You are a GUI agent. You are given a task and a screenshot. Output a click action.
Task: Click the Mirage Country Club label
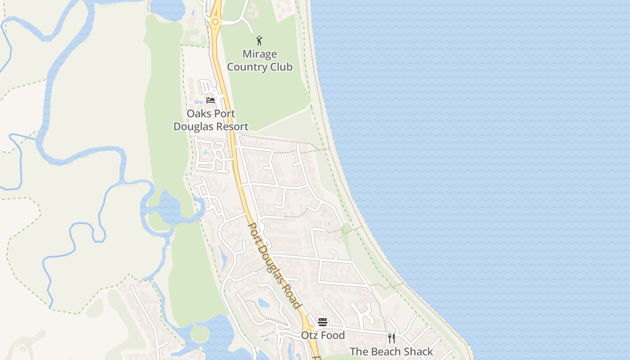point(260,61)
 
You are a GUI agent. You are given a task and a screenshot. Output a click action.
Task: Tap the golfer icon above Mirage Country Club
point(259,41)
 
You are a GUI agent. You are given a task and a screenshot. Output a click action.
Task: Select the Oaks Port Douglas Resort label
point(211,120)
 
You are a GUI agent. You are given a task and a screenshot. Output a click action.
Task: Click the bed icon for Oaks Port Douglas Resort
point(210,100)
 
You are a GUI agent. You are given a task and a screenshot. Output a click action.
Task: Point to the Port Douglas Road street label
point(274,265)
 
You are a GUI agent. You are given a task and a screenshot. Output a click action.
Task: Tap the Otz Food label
point(323,335)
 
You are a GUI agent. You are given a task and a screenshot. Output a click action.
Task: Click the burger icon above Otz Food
point(322,322)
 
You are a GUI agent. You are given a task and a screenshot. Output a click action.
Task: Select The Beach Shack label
point(391,351)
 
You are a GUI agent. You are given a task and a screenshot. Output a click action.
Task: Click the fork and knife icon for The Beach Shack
point(391,338)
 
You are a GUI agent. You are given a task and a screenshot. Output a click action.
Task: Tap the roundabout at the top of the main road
point(215,22)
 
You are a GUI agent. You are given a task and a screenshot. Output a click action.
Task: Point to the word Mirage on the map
point(260,54)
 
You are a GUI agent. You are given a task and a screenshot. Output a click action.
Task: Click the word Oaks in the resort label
point(198,113)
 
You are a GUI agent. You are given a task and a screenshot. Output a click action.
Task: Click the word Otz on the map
point(310,335)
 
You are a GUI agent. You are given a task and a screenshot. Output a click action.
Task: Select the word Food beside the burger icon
point(332,335)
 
